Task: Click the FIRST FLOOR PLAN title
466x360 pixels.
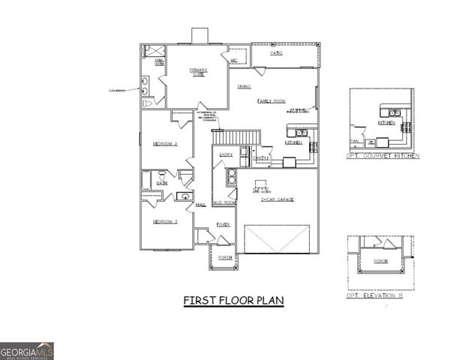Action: (x=233, y=301)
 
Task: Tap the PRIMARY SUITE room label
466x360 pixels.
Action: (x=198, y=72)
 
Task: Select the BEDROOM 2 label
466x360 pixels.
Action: (x=165, y=143)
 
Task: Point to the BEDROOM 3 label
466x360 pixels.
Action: (x=165, y=221)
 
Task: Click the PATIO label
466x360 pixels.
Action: (x=276, y=54)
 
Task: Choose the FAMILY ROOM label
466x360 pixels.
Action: (x=271, y=100)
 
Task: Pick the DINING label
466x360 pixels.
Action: (x=245, y=87)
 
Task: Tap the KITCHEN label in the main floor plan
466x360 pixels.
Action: (x=293, y=142)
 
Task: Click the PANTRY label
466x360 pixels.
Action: (x=261, y=159)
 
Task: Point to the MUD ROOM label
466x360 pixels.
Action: (x=224, y=202)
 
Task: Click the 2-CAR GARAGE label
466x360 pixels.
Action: (x=277, y=200)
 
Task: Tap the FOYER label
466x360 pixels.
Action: (x=223, y=224)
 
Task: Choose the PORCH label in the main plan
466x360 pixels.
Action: (x=225, y=258)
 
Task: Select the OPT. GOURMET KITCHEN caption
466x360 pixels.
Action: (x=383, y=156)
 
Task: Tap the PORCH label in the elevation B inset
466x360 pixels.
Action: (x=380, y=262)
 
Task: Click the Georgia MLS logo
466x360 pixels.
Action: (x=27, y=350)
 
